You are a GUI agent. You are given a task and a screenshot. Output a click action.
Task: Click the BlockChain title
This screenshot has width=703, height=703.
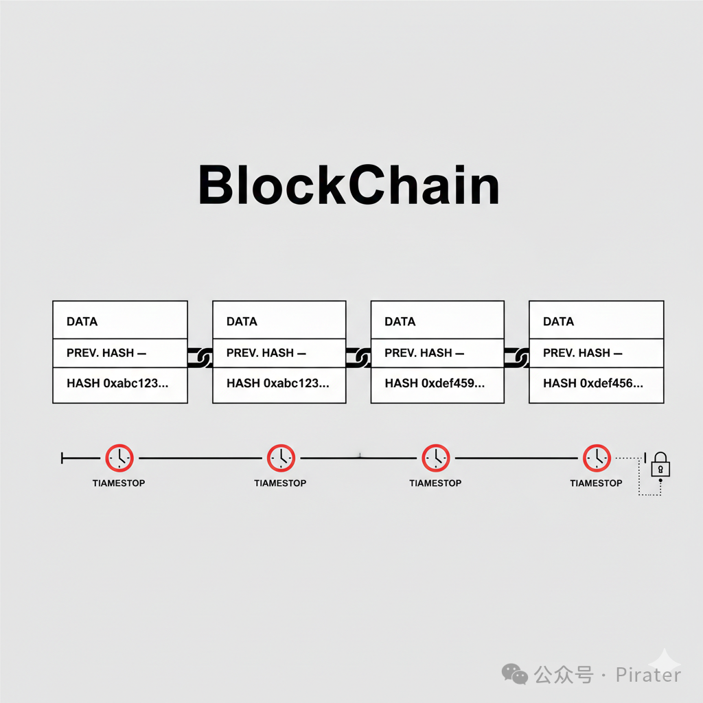coord(348,185)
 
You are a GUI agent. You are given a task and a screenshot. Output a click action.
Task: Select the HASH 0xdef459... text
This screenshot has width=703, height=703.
coord(435,383)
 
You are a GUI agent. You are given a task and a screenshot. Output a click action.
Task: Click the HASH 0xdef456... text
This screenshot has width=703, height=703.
coord(592,383)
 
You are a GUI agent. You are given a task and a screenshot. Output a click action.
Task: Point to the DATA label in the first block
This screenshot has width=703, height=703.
coord(82,321)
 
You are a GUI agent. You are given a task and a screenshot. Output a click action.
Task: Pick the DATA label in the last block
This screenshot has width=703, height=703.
coord(558,321)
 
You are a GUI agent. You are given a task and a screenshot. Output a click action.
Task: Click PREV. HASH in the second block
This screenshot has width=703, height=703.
coord(260,353)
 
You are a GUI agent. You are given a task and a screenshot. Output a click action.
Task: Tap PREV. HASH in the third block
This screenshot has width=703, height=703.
coord(418,353)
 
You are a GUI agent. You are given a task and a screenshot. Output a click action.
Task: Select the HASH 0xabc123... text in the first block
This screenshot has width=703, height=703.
coord(117,383)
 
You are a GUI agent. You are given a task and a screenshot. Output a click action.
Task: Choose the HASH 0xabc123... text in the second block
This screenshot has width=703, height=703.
coord(277,383)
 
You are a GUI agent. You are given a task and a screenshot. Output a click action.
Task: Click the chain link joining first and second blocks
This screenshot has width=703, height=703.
coord(200,356)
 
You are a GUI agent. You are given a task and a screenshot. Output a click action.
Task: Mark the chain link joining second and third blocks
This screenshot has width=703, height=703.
coord(358,356)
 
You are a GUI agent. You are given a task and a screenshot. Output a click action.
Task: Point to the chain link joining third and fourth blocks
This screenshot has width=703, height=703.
coord(517,356)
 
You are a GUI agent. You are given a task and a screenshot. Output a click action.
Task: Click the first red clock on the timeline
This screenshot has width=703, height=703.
coord(119,457)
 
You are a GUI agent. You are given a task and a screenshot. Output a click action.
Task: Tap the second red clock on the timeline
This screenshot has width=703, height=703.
coord(281,457)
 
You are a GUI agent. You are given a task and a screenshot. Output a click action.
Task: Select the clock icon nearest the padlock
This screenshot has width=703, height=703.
coord(597,457)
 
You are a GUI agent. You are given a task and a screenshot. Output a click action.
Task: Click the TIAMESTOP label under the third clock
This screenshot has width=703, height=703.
coord(435,483)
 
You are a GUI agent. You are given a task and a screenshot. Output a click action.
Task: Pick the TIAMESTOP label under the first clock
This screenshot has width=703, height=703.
coord(119,483)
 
